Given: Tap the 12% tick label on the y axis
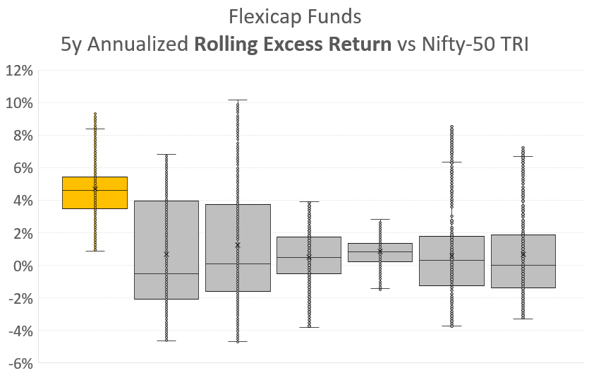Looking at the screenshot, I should (20, 71).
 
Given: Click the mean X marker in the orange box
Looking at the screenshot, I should (95, 189).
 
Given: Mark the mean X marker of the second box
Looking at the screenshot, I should (166, 254).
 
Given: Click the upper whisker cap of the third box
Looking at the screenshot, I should (238, 100).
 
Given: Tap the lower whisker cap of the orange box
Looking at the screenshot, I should (95, 251).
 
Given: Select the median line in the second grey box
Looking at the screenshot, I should (166, 273).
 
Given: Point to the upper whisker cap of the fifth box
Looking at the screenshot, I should (379, 219).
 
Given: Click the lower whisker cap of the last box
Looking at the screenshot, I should (523, 319).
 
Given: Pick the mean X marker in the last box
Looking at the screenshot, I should (523, 254).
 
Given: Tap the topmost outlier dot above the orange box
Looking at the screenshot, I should (95, 114).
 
